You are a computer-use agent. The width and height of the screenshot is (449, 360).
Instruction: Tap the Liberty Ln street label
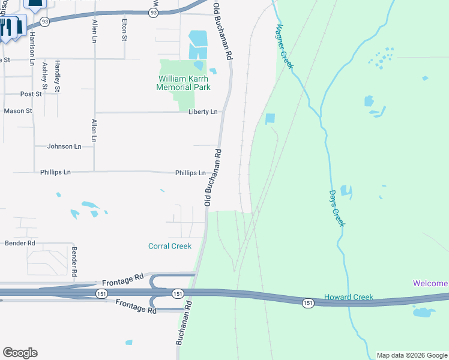(202, 112)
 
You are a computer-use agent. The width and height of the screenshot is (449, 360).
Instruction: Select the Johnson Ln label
(64, 146)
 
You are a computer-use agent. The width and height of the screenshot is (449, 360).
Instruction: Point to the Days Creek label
(337, 208)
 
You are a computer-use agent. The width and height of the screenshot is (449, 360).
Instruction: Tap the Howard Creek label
(349, 297)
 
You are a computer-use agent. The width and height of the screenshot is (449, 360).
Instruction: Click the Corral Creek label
(170, 246)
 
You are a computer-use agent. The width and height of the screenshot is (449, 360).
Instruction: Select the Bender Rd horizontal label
(20, 243)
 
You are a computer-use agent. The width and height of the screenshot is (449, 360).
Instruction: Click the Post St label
(31, 94)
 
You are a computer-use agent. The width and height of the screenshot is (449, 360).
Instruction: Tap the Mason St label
(17, 111)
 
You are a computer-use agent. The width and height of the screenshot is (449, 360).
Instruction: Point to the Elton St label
(124, 29)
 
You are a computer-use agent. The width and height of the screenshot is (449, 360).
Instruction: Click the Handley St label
(58, 76)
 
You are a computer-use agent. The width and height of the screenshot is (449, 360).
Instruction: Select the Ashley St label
(44, 77)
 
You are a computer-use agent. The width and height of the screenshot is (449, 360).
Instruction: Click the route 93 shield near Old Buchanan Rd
(153, 13)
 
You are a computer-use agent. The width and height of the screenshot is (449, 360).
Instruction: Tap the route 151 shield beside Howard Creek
(308, 303)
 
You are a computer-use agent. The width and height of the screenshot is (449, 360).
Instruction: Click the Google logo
(20, 353)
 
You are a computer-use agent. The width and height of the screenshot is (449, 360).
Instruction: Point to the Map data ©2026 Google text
(412, 355)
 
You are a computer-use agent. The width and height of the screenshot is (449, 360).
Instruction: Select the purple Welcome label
(430, 283)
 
